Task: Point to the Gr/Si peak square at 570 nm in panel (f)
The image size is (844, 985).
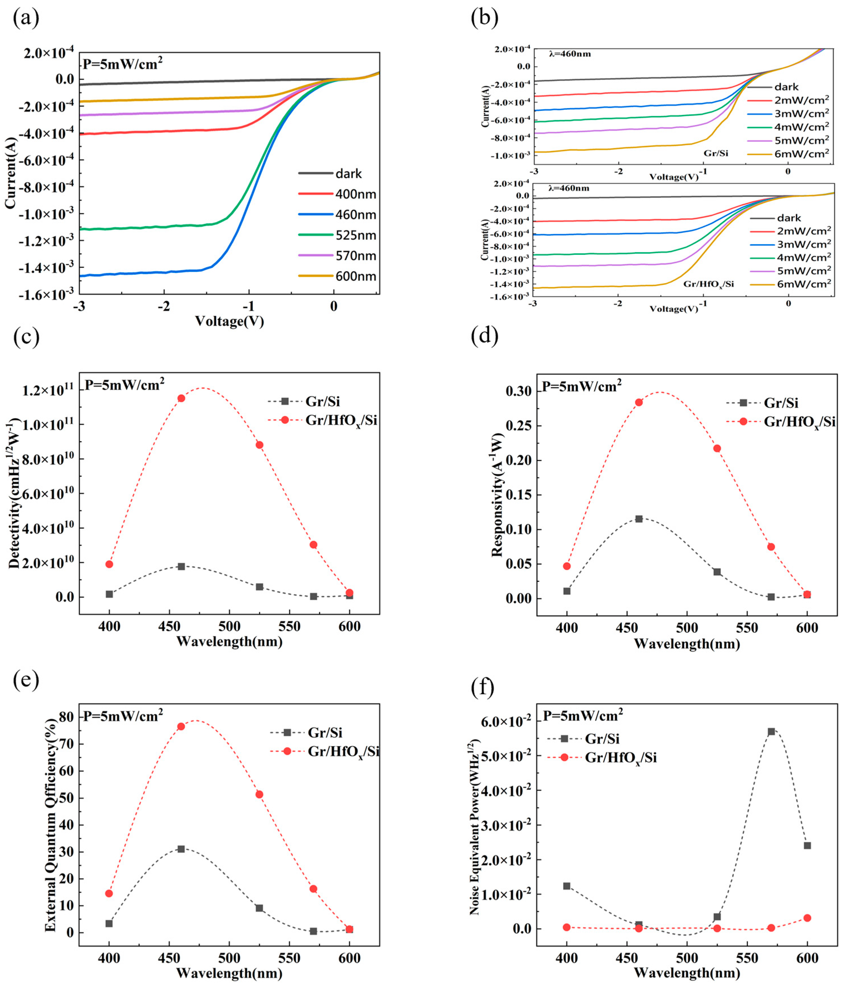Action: pos(771,731)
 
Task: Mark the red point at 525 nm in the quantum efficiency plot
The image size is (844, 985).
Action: pos(259,794)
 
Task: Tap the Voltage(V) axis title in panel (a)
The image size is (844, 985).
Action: pos(229,321)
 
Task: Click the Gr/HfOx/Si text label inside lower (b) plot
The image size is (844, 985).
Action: pos(708,284)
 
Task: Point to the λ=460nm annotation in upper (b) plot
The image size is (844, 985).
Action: pos(569,54)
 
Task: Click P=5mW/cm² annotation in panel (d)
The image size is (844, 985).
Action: pos(582,386)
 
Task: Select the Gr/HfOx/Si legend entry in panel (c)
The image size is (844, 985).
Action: pos(341,421)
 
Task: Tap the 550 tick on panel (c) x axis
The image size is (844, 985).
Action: pos(290,626)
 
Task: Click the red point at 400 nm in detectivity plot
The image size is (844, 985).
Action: pos(109,564)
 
